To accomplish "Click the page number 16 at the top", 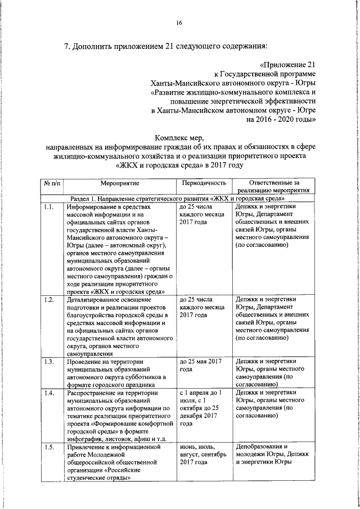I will point(179,22).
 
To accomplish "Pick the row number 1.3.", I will point(48,361).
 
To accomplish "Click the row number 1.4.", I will point(48,393).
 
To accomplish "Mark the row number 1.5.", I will point(48,447).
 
